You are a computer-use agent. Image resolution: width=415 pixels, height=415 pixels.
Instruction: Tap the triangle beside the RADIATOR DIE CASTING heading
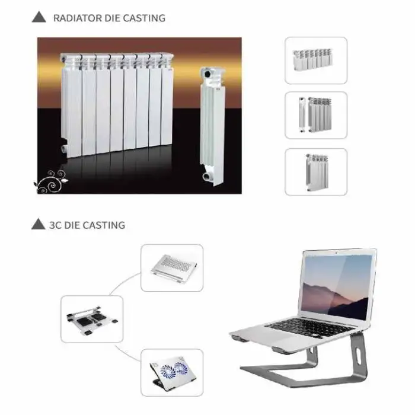point(39,17)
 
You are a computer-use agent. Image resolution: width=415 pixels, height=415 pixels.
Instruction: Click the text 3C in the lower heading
point(55,225)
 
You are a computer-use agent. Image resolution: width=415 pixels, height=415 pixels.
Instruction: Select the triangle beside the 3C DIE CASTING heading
point(38,224)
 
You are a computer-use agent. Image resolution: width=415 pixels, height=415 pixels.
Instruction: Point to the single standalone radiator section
point(212,126)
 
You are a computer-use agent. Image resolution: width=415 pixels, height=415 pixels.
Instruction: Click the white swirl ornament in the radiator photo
point(51,181)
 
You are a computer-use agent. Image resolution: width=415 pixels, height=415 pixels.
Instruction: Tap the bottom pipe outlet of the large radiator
point(64,148)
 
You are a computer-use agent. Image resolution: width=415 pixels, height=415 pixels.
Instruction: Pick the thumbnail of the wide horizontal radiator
point(316,60)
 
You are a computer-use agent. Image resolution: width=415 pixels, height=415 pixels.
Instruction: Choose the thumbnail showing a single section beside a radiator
point(316,115)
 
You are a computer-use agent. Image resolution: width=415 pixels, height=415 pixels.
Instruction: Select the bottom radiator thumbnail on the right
point(316,172)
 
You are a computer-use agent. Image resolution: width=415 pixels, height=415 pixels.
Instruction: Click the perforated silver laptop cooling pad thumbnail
point(172,268)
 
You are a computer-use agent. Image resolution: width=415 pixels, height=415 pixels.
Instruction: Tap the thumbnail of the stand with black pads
point(92,319)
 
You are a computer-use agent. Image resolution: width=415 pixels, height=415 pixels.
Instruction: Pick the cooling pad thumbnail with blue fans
point(172,372)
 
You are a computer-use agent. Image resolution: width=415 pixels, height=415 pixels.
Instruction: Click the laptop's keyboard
point(309,328)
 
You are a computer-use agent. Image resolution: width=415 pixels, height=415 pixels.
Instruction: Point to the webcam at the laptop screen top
point(336,253)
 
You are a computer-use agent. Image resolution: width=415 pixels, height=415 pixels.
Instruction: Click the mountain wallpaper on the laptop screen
point(336,287)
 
